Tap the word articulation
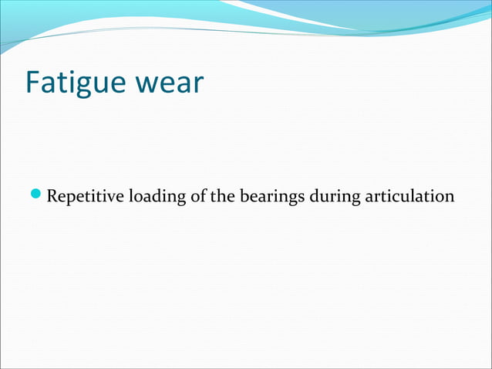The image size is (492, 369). point(409,197)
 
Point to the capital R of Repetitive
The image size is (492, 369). point(52,197)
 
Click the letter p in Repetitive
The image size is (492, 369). point(70,199)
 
